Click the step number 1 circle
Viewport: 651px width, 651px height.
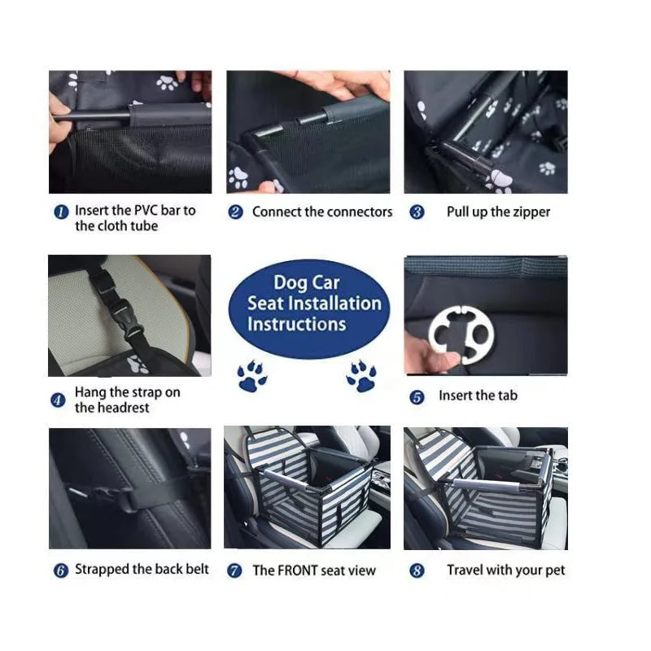pos(60,212)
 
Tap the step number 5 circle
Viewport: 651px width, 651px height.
pos(417,397)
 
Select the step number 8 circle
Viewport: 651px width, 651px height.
pos(417,570)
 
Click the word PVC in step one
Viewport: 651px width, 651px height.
pos(145,210)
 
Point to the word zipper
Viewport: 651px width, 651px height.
pos(531,212)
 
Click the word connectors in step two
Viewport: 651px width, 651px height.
pos(359,212)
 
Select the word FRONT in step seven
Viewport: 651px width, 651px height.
pos(297,570)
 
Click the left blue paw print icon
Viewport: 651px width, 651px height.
pos(252,377)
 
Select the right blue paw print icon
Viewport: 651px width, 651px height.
pos(361,376)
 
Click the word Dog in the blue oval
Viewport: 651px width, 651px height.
pos(291,282)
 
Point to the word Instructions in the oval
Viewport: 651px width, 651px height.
pos(296,324)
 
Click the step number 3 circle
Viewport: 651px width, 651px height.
pos(417,212)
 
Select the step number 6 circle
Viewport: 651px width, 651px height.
pos(60,570)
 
